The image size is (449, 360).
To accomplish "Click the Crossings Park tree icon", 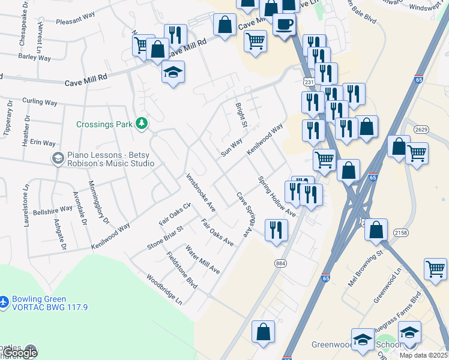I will (x=142, y=123).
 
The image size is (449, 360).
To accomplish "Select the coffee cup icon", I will (x=284, y=24).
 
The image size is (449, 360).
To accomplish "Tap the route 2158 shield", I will (x=399, y=232).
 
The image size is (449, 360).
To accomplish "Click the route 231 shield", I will (x=309, y=82).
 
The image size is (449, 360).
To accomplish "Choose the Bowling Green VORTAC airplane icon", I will (x=4, y=299).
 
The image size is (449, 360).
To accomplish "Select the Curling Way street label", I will (x=40, y=102).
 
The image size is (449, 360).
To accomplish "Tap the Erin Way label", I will (x=43, y=143).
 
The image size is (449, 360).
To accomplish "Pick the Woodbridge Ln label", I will (x=164, y=290).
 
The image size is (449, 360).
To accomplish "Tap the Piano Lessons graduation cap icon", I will (x=58, y=158).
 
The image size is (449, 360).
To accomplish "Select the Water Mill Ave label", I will (x=202, y=259).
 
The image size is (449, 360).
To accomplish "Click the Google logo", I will (x=20, y=353).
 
